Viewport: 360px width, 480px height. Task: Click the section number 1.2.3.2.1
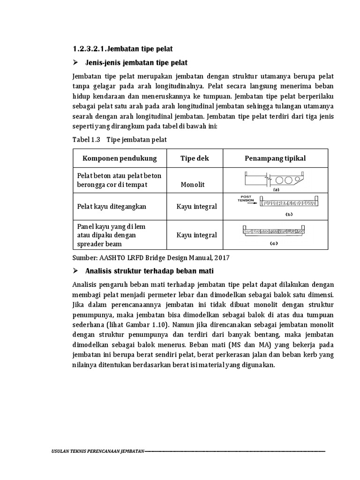[x=90, y=49]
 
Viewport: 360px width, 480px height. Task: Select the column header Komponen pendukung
[x=120, y=158]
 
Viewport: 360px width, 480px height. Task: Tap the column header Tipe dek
[x=195, y=158]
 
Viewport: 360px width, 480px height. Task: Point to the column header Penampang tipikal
[x=275, y=158]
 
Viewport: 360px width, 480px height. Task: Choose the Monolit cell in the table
[x=193, y=185]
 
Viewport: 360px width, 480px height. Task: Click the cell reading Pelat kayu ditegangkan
[x=112, y=206]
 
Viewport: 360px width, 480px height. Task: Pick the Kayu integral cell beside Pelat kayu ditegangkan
[x=197, y=207]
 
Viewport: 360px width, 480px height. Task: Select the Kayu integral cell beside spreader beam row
[x=197, y=235]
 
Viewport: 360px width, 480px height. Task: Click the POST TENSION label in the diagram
[x=246, y=198]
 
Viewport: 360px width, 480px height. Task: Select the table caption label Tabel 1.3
[x=87, y=140]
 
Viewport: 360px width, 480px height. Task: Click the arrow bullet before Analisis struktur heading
[x=75, y=271]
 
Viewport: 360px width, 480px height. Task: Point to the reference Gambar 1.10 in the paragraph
[x=141, y=324]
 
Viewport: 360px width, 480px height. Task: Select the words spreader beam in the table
[x=100, y=244]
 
